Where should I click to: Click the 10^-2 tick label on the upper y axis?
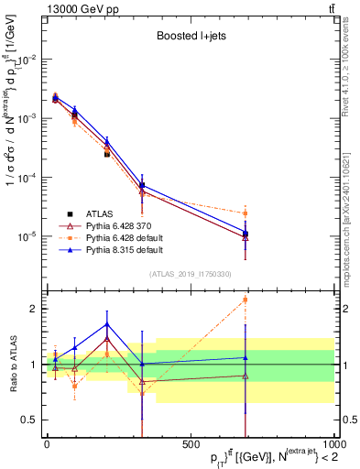coord(29,60)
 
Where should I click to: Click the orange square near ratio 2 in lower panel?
coord(245,300)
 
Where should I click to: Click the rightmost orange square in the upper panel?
coord(245,213)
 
